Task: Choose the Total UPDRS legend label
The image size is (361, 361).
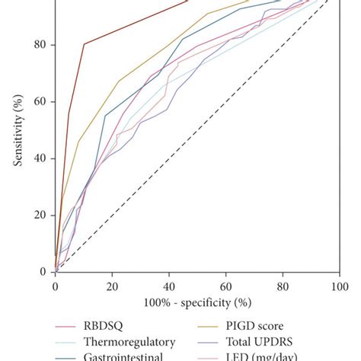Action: (266, 342)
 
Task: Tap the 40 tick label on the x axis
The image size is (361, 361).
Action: (169, 286)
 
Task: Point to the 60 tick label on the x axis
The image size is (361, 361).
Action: (225, 286)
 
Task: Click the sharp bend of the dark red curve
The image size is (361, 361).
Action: (84, 44)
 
